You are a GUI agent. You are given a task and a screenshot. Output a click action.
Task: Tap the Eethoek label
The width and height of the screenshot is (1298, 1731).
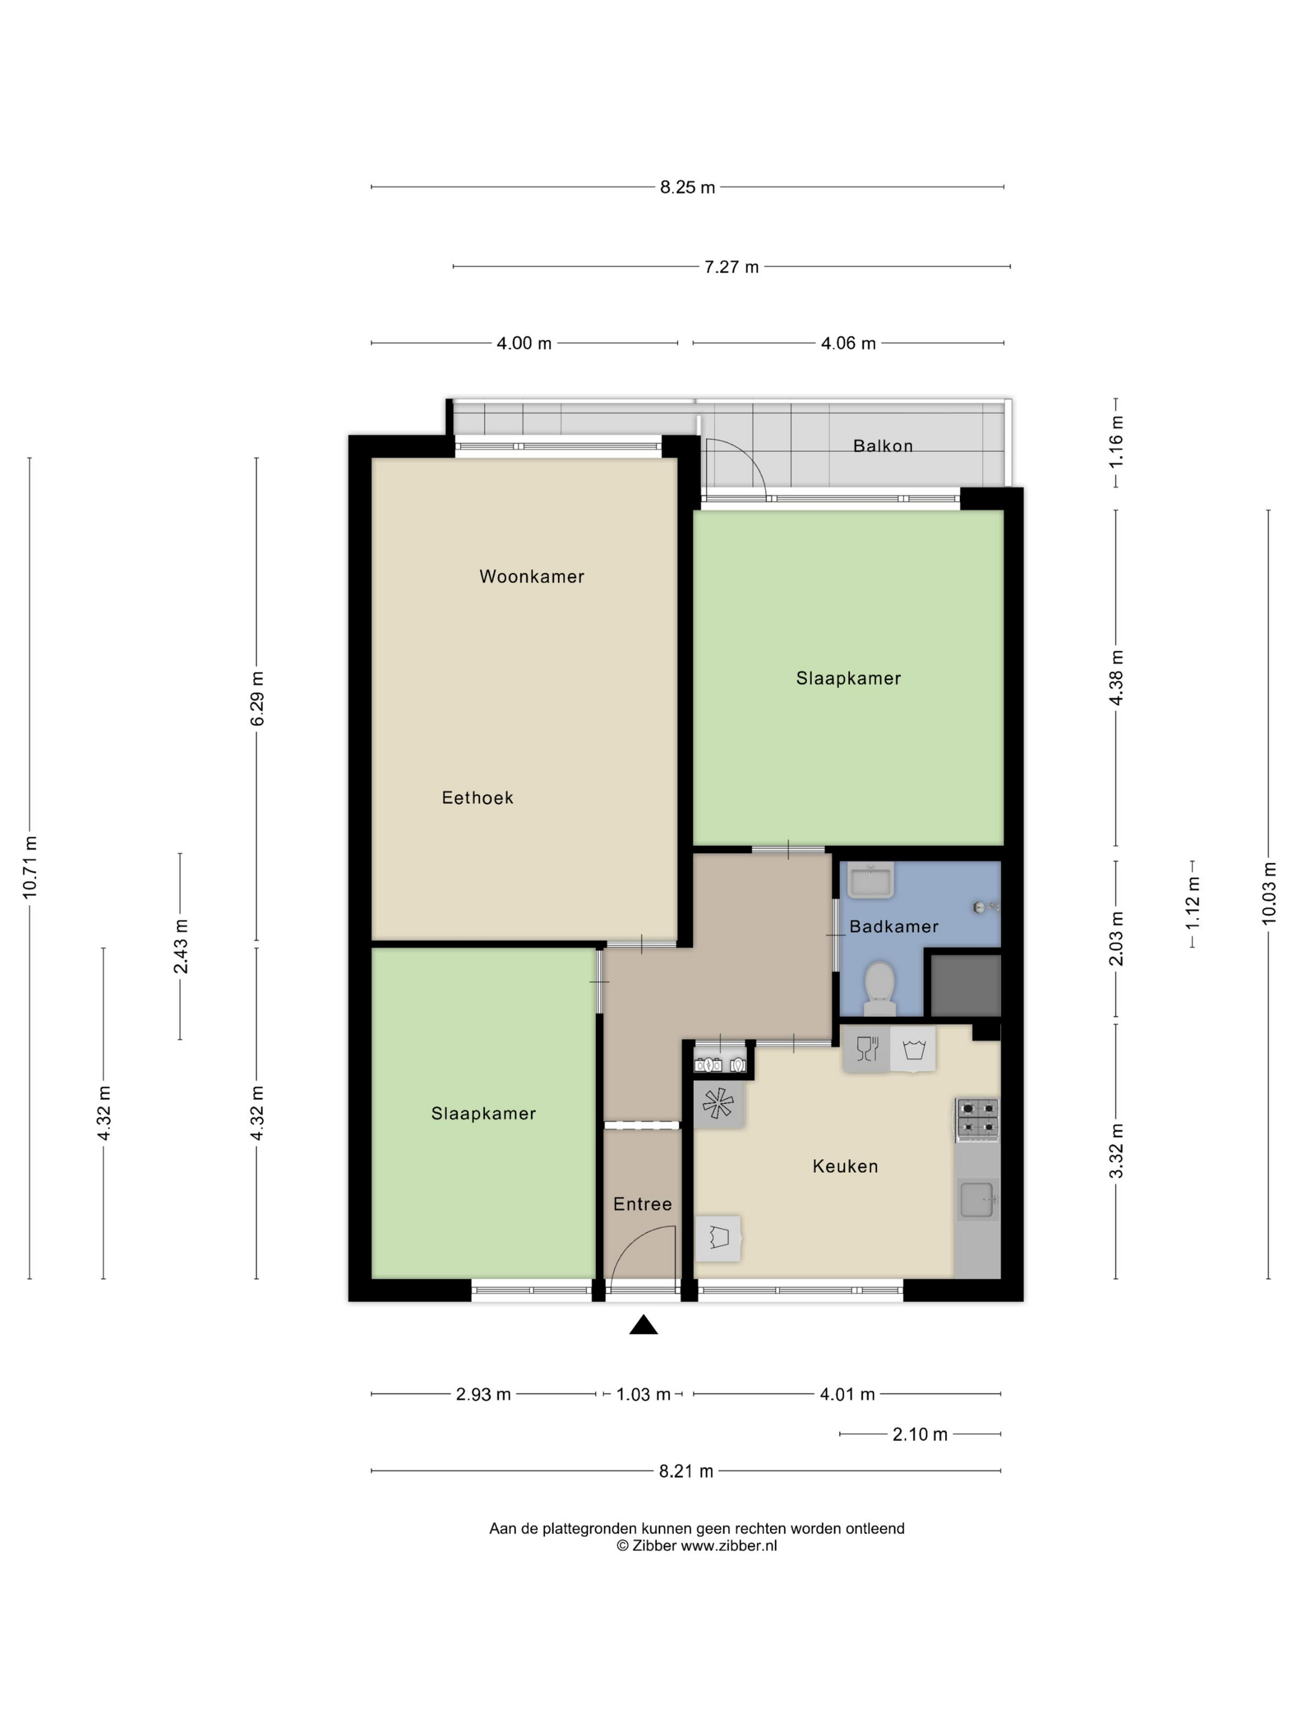pyautogui.click(x=477, y=797)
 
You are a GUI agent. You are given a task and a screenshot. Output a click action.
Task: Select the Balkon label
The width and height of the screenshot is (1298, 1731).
pyautogui.click(x=883, y=446)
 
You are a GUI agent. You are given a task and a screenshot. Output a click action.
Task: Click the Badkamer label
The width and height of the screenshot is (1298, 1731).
pyautogui.click(x=894, y=927)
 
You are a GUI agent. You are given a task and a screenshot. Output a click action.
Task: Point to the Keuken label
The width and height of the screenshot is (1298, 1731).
pyautogui.click(x=845, y=1166)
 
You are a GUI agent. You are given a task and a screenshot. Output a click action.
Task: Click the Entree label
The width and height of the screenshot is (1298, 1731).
pyautogui.click(x=642, y=1204)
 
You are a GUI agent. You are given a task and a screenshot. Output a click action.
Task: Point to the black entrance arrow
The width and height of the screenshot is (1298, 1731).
pyautogui.click(x=643, y=1324)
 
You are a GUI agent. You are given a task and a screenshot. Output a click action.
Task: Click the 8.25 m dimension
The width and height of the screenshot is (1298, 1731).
pyautogui.click(x=687, y=187)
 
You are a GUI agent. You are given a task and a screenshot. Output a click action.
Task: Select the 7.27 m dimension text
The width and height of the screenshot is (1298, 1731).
pyautogui.click(x=731, y=267)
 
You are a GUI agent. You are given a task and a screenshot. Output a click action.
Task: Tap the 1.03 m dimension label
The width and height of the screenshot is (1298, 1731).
pyautogui.click(x=643, y=1395)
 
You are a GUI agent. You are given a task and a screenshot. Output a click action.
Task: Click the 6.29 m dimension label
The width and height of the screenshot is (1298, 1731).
pyautogui.click(x=257, y=699)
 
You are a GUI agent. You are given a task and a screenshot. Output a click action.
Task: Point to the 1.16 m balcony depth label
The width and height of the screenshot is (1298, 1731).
pyautogui.click(x=1116, y=441)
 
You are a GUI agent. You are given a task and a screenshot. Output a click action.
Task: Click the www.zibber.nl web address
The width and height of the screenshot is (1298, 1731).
pyautogui.click(x=728, y=1546)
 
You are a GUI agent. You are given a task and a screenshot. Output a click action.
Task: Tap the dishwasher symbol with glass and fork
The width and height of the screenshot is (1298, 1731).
pyautogui.click(x=867, y=1048)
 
